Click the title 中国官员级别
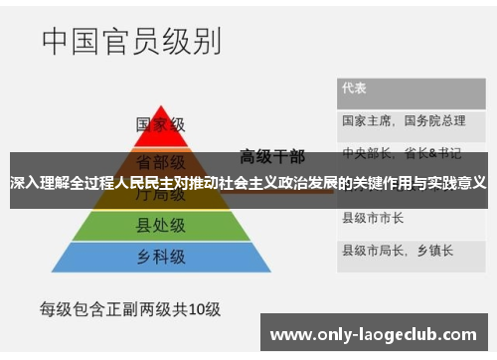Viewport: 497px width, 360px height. tap(132, 43)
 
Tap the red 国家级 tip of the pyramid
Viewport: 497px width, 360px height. tap(161, 125)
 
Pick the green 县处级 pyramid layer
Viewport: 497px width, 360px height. tap(161, 226)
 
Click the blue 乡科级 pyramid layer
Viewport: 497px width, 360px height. tap(161, 258)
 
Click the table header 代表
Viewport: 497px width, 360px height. tap(355, 89)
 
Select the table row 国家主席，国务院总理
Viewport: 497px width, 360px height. tap(404, 121)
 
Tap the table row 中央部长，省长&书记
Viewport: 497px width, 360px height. tap(402, 154)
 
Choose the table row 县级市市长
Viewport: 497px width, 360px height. tap(373, 218)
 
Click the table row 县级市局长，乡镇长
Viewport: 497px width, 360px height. tap(398, 249)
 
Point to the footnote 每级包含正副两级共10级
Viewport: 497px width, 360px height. tap(129, 308)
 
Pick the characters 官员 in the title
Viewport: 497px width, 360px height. tap(132, 43)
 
